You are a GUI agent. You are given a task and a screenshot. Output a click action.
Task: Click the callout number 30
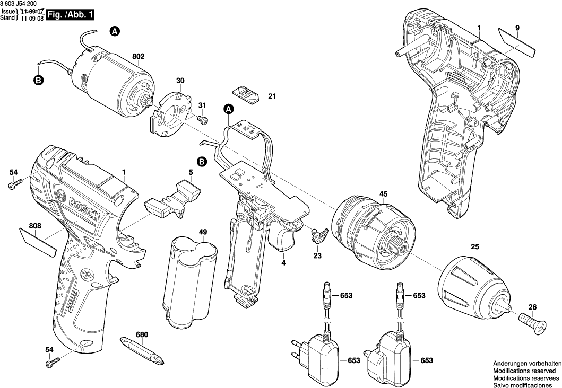point(180,81)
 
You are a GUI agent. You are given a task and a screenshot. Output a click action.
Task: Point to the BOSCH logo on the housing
point(84,207)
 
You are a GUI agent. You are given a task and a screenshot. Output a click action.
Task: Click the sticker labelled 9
point(517,42)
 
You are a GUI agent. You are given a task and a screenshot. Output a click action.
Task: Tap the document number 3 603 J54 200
point(21,4)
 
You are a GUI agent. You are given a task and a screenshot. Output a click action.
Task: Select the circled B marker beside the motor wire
point(38,80)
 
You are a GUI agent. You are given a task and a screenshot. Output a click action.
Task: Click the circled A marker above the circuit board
point(229,109)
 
